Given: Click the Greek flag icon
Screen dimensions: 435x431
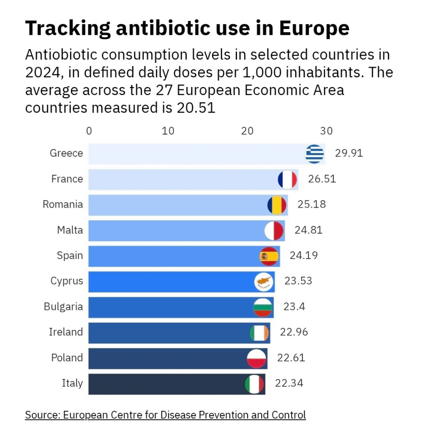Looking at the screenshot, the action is [x=314, y=154].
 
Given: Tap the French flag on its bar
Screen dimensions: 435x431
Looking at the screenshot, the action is [x=288, y=180].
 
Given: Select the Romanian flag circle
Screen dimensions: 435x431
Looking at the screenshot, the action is [x=277, y=205].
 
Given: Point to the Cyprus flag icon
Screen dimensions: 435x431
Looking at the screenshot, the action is [x=263, y=282].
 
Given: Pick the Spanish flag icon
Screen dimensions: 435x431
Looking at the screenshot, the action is [x=269, y=256].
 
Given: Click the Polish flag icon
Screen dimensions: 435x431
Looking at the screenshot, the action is [x=256, y=359].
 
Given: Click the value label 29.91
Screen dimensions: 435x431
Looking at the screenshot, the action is [x=349, y=153].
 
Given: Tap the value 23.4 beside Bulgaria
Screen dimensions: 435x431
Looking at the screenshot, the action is [x=294, y=307].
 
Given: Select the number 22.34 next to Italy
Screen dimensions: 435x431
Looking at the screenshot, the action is [x=289, y=383].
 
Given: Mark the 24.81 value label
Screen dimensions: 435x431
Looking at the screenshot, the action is [x=308, y=230].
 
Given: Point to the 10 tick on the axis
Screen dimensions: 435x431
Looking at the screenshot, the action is [x=168, y=131].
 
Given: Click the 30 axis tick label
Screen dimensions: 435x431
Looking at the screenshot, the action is [x=326, y=131].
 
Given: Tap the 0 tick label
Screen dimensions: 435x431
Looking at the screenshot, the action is [x=89, y=131].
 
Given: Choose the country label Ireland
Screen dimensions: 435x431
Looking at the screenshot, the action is [x=66, y=332].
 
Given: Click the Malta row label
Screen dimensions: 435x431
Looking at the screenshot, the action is [x=70, y=230].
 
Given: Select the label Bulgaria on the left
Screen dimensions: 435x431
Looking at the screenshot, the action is [x=64, y=307].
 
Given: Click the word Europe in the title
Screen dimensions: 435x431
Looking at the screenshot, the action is [x=314, y=28].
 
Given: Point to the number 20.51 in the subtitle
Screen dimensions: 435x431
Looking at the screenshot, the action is [x=196, y=108].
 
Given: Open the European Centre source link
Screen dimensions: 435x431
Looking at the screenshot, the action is [x=165, y=415].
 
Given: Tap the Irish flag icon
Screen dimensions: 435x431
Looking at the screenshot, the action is [x=259, y=333].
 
